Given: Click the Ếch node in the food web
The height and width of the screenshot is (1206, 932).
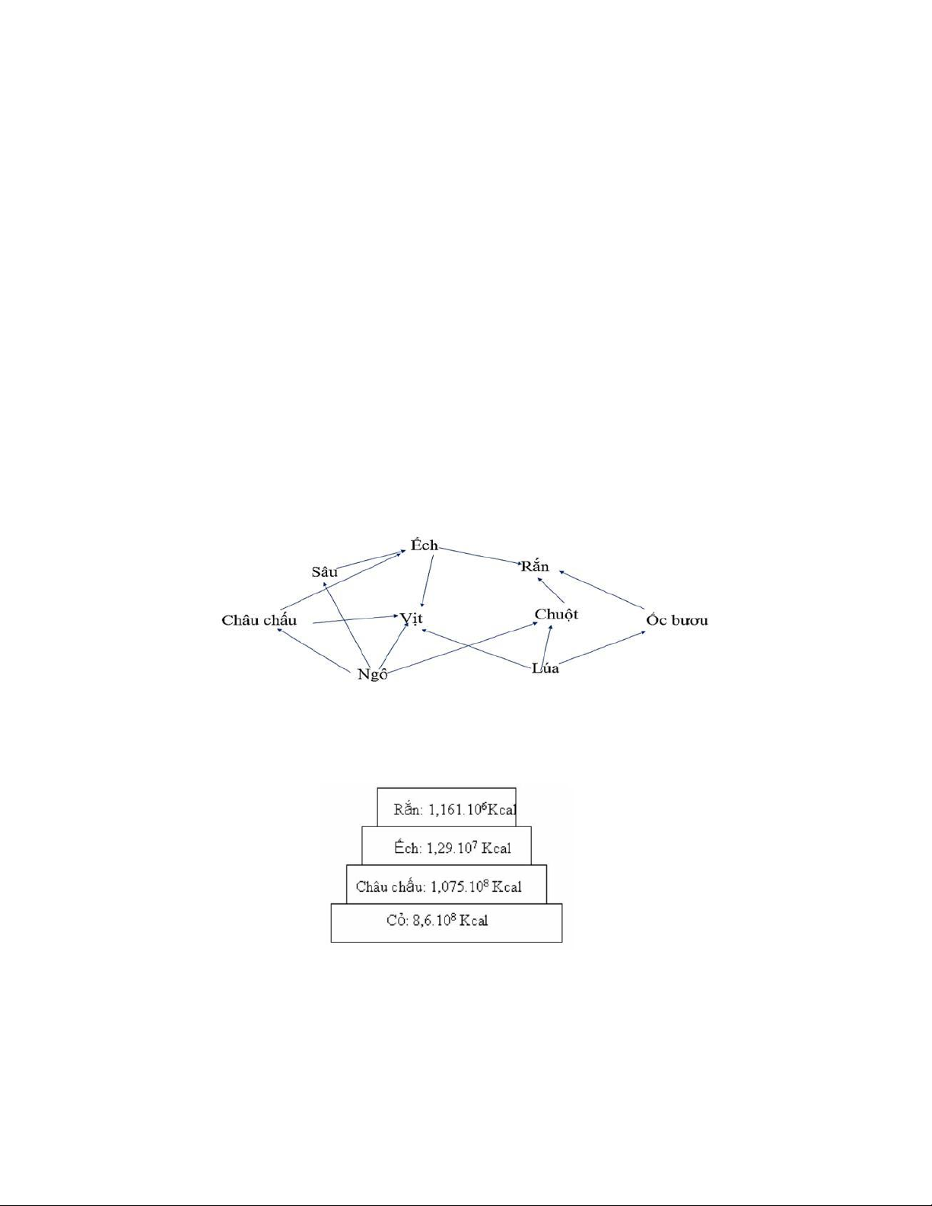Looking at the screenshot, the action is click(x=425, y=545).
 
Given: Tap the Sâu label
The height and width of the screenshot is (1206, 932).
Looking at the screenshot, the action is click(x=325, y=571).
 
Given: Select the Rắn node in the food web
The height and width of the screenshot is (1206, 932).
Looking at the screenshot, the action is click(x=535, y=565).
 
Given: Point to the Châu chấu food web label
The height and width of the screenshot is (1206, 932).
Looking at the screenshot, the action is click(x=259, y=620).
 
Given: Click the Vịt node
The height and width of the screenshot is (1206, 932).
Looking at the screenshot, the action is click(x=412, y=619).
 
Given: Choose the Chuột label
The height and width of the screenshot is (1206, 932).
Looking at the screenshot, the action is click(x=556, y=614).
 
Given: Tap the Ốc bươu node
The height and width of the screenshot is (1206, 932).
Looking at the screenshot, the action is click(x=677, y=620).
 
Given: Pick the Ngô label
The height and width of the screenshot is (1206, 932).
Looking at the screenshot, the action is click(x=372, y=673).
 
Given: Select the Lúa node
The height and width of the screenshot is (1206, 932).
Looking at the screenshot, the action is click(x=546, y=667).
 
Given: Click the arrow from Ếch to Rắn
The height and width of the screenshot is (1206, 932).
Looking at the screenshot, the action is click(x=480, y=557).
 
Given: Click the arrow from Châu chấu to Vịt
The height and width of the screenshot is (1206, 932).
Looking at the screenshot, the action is click(x=355, y=619).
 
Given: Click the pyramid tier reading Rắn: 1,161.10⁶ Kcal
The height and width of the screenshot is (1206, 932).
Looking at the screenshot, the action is click(x=447, y=807).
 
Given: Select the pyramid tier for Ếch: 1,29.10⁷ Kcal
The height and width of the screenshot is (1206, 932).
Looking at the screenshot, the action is click(x=447, y=845).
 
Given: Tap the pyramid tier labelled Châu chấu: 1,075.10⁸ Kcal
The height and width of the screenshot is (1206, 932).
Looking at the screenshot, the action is click(x=447, y=884).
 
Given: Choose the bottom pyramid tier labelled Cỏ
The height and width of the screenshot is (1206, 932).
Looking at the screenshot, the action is click(x=447, y=923).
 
